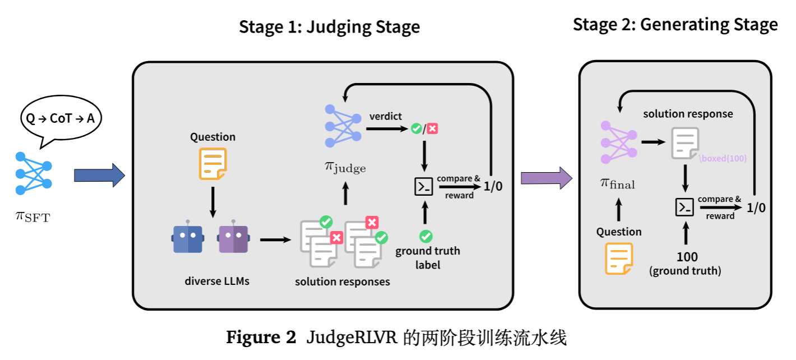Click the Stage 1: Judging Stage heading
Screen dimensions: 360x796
(x=330, y=27)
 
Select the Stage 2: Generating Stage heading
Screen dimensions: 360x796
(x=675, y=25)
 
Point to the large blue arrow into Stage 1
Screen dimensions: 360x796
(x=99, y=176)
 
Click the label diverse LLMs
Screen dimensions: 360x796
(x=217, y=281)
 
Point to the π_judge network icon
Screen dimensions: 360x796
(x=343, y=126)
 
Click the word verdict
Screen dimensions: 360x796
(x=386, y=116)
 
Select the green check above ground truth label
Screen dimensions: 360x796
(x=426, y=236)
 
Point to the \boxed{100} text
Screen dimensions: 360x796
(x=723, y=158)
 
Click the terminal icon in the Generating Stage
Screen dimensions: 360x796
(x=684, y=207)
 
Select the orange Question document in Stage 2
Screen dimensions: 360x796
(x=618, y=259)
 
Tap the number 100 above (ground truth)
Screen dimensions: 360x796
(x=687, y=257)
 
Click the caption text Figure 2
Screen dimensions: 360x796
(x=261, y=338)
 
